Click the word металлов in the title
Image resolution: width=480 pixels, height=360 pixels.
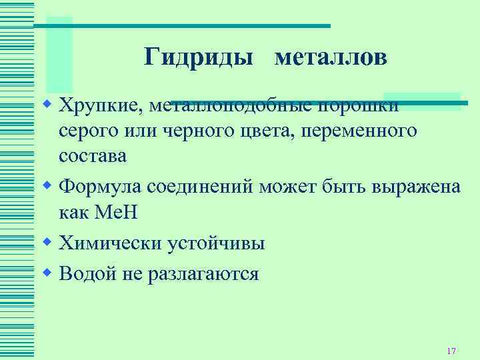click(330, 58)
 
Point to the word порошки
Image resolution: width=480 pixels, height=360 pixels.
click(360, 105)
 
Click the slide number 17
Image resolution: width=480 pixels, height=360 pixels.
click(451, 351)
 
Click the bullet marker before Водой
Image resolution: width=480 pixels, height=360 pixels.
click(47, 272)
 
